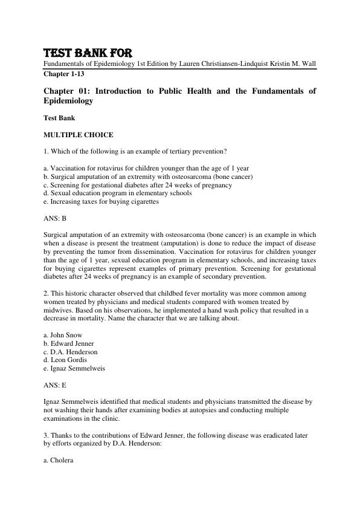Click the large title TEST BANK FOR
[x=88, y=52]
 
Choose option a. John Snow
[x=63, y=334]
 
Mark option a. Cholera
[x=59, y=460]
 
